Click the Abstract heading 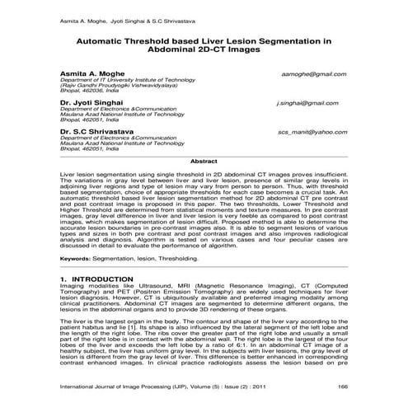click(x=204, y=162)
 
